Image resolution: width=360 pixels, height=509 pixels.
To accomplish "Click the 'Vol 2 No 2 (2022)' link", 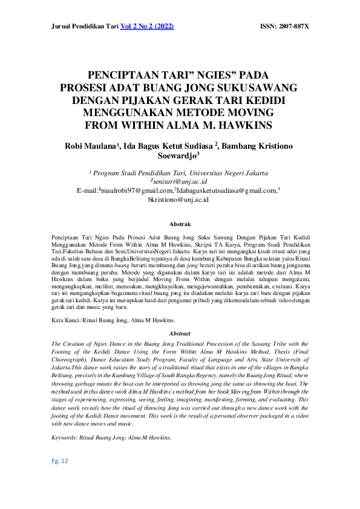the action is click(x=148, y=27).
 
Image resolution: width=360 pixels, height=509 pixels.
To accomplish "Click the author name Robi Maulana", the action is click(x=90, y=148).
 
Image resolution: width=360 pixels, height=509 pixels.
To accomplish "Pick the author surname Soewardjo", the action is click(x=179, y=158).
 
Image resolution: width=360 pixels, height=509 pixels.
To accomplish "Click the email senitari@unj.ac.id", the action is click(x=180, y=181).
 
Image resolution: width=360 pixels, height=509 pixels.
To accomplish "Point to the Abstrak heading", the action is click(x=180, y=224).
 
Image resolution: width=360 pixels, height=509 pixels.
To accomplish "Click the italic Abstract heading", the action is click(x=180, y=334).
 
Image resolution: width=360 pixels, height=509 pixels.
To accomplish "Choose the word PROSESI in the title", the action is click(x=86, y=88).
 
